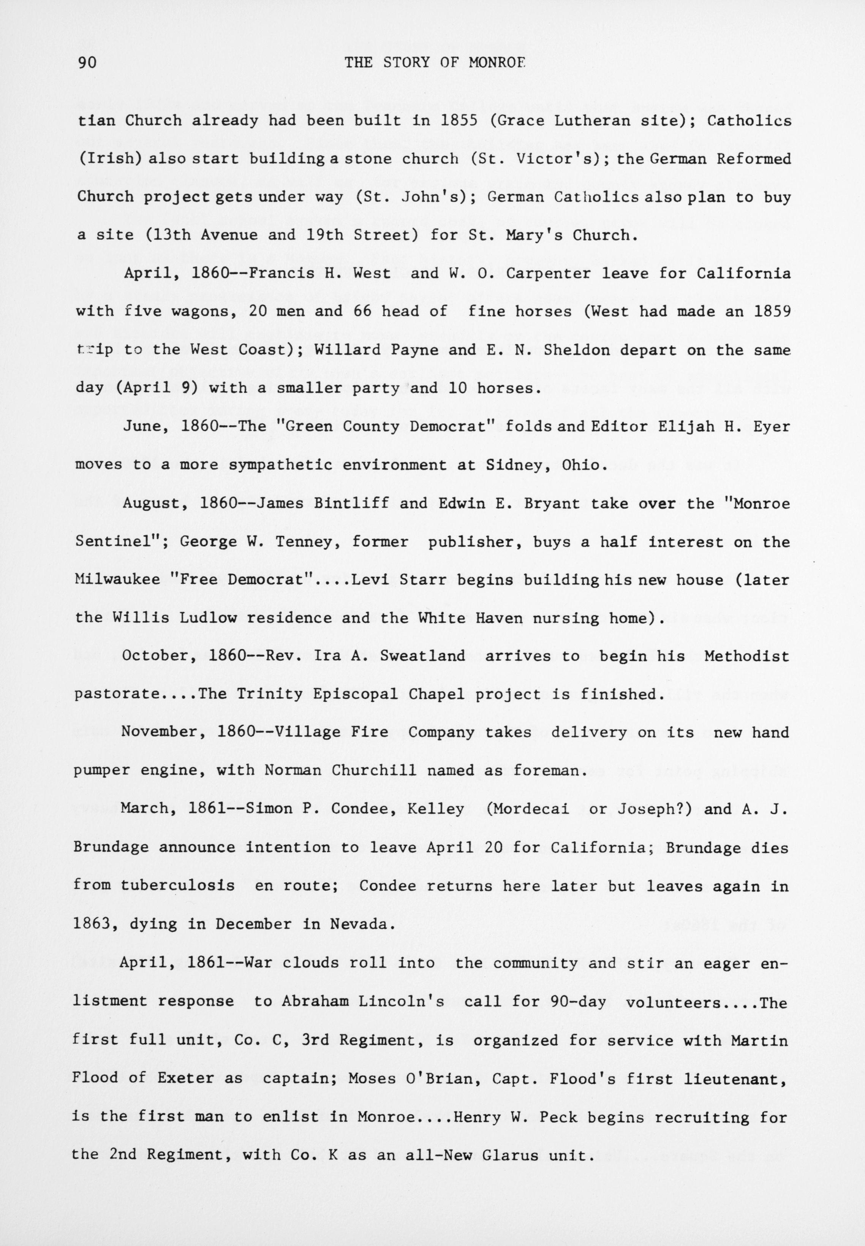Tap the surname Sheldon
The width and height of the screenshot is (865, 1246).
coord(572,350)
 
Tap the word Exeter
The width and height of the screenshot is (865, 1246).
coord(186,1078)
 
